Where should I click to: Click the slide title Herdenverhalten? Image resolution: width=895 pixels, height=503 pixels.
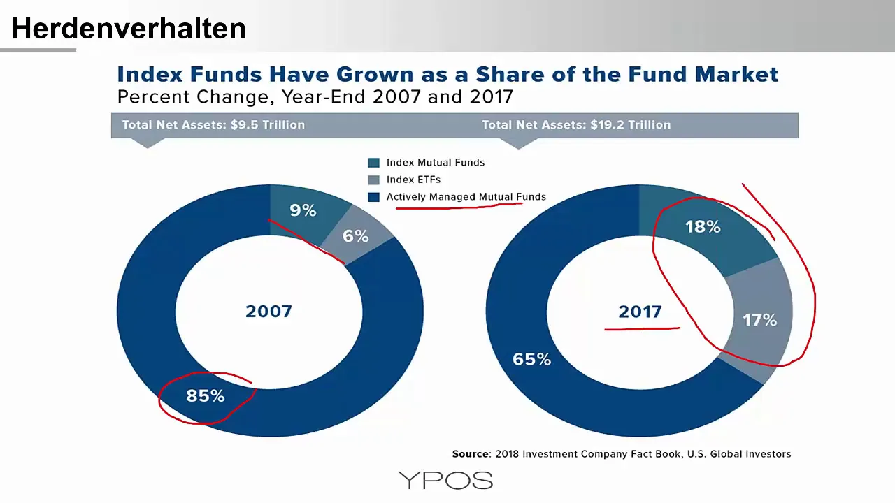(129, 29)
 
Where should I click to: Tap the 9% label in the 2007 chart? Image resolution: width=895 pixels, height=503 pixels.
(303, 210)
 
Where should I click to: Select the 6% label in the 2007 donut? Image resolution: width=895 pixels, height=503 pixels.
(355, 236)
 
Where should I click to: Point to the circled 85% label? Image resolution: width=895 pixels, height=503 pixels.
(206, 395)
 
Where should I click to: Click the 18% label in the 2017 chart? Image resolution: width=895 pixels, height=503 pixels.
(703, 227)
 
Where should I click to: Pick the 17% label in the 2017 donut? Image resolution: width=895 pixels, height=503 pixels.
(759, 320)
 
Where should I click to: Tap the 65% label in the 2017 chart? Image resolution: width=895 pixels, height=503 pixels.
(532, 359)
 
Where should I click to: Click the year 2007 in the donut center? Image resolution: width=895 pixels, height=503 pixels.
(268, 312)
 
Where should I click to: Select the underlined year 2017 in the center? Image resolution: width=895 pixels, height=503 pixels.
(640, 312)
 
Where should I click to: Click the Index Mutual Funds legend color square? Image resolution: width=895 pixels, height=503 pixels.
(373, 163)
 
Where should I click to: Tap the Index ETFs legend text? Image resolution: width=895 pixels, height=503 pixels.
(413, 180)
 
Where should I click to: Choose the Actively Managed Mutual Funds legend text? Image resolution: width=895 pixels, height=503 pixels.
(466, 197)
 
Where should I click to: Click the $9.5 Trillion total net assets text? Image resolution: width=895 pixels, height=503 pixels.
(268, 125)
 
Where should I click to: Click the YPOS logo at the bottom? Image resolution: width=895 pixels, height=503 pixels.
(445, 480)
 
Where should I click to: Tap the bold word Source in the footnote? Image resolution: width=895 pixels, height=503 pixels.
(471, 454)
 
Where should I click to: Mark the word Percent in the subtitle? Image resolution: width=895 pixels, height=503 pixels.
(153, 96)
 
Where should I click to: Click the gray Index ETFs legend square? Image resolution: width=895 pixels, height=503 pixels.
(373, 180)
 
